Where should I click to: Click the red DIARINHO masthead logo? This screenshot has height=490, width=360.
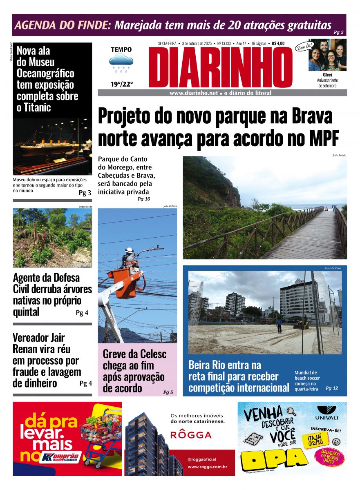(x=221, y=67)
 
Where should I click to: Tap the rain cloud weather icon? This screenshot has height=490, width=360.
(x=121, y=62)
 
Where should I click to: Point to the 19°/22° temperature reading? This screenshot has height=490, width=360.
(x=121, y=85)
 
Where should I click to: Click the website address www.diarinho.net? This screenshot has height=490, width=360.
(x=194, y=93)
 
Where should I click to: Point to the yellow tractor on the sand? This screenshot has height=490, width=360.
(x=302, y=323)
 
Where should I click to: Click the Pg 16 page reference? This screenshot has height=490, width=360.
(x=143, y=199)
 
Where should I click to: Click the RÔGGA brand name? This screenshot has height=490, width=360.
(x=191, y=435)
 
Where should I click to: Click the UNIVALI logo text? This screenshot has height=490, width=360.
(x=326, y=418)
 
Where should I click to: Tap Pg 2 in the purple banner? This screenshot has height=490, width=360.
(x=338, y=32)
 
